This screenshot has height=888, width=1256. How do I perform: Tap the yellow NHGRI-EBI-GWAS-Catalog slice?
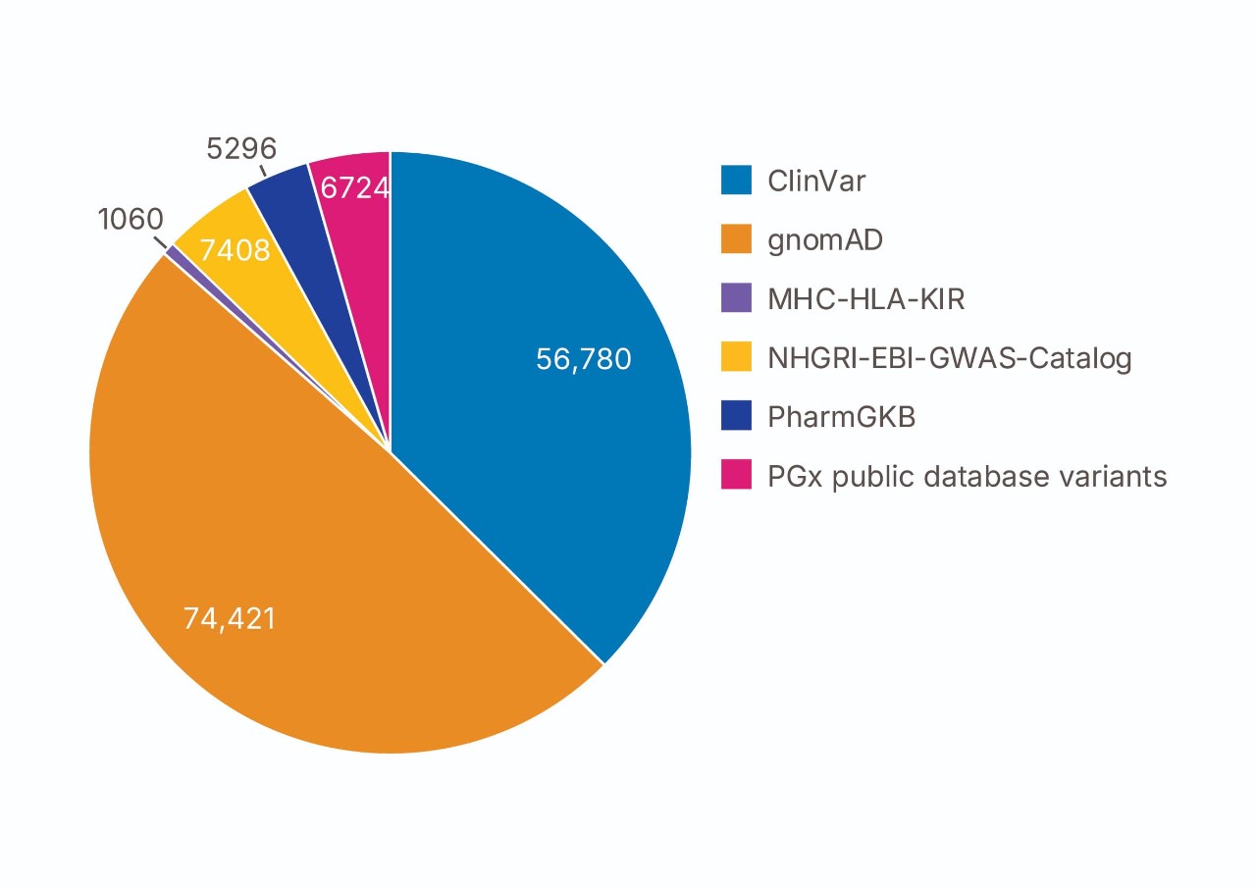click(x=221, y=226)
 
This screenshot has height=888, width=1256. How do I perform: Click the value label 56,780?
click(x=584, y=359)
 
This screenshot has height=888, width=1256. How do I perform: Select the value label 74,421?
click(x=230, y=619)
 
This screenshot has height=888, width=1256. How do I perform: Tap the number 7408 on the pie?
click(x=235, y=251)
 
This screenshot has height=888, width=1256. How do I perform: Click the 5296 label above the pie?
click(x=241, y=149)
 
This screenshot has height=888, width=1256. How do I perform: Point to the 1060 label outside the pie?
click(x=131, y=220)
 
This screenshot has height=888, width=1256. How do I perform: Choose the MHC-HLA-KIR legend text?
click(x=866, y=298)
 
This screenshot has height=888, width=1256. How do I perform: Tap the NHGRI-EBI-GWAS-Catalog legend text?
click(x=950, y=358)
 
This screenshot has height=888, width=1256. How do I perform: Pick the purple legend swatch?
click(x=736, y=298)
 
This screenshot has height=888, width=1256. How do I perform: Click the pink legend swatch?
click(x=736, y=475)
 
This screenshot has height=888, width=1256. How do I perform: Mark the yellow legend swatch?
click(x=736, y=357)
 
